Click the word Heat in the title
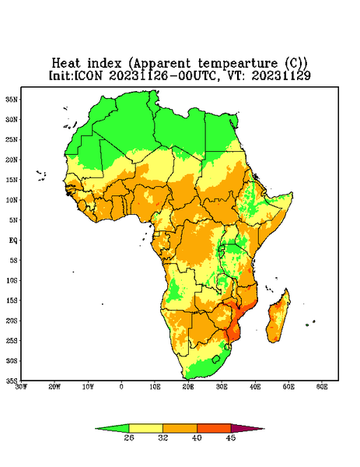click(x=66, y=64)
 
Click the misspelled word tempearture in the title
click(x=238, y=64)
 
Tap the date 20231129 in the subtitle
click(x=281, y=76)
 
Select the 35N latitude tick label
click(x=12, y=100)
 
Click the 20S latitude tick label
click(x=12, y=321)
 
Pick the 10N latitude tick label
click(x=12, y=200)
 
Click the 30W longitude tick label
click(x=22, y=387)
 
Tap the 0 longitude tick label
click(x=121, y=387)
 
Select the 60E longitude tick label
click(x=322, y=387)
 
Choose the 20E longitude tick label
click(x=188, y=387)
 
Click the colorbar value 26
click(x=129, y=437)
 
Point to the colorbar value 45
click(x=231, y=437)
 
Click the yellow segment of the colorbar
click(x=145, y=428)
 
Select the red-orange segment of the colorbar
click(x=214, y=428)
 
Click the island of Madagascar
click(x=278, y=318)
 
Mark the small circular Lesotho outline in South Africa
click(x=216, y=359)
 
